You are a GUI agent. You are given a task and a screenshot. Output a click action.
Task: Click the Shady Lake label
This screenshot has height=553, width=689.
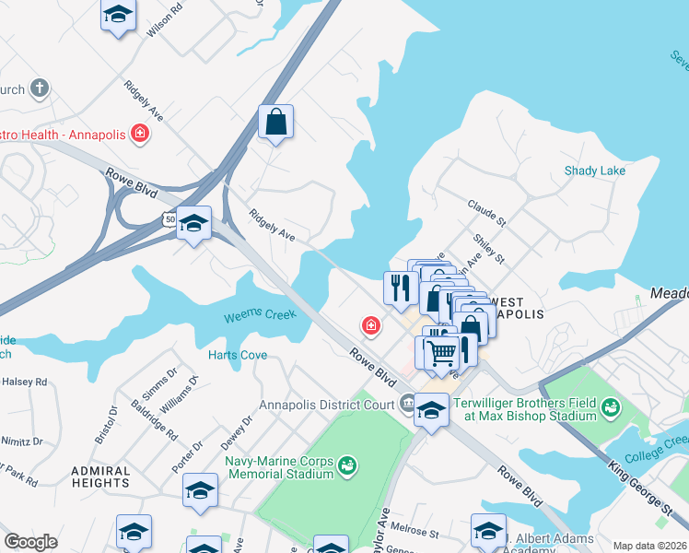tap(594, 171)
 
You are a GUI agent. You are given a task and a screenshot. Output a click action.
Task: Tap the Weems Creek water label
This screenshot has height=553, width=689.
tap(260, 316)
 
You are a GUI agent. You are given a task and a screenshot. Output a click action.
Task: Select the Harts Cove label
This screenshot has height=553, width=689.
tap(237, 355)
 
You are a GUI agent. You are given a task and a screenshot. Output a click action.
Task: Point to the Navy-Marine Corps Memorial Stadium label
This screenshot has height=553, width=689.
tap(278, 467)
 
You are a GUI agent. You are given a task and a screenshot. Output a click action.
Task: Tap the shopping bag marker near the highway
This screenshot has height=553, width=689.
tap(275, 122)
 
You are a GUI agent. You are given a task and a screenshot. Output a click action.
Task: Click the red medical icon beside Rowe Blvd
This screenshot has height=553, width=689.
tap(370, 325)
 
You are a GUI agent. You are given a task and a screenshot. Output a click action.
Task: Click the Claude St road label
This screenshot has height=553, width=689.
tap(487, 213)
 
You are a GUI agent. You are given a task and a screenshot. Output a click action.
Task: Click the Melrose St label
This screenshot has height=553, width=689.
tap(416, 532)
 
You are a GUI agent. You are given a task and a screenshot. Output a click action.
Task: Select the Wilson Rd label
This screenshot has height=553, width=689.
tap(163, 22)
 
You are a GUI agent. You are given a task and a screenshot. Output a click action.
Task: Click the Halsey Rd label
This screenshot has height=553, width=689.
tap(24, 381)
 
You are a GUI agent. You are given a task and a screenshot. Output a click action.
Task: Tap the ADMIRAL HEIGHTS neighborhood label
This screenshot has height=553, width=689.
tap(100, 477)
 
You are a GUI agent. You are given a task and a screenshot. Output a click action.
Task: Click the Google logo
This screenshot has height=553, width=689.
tap(31, 542)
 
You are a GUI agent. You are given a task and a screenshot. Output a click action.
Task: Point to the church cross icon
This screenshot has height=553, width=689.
tap(39, 88)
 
